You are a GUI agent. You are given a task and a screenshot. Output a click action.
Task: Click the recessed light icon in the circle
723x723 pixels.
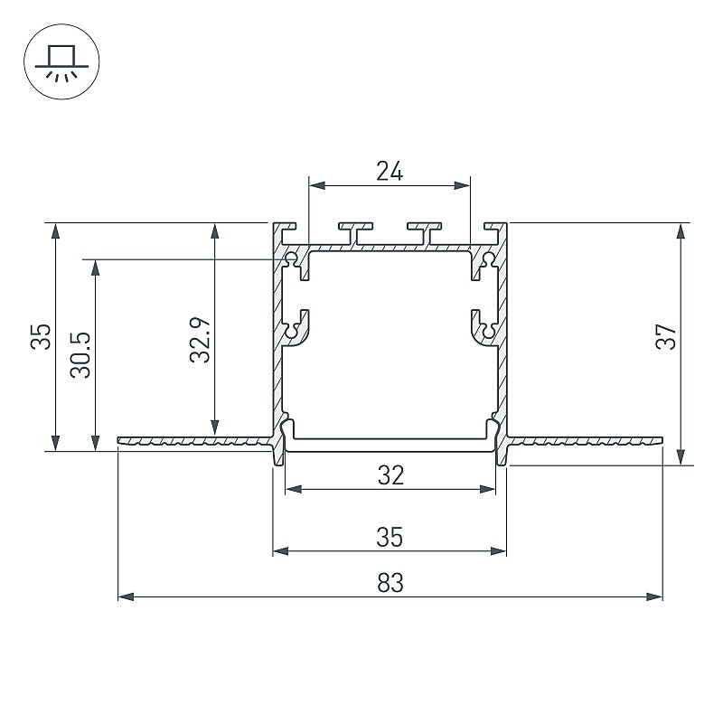(61, 61)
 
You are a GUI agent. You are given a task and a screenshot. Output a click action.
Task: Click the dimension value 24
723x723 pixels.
(390, 171)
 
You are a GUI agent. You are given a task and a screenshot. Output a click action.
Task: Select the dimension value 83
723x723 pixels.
(390, 582)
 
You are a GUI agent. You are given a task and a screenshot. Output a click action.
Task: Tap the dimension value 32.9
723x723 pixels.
(200, 340)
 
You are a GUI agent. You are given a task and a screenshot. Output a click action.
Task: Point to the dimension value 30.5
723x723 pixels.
(80, 355)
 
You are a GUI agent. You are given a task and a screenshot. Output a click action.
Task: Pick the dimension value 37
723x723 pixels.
(666, 336)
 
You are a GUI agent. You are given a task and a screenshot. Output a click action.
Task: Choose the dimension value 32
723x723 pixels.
(390, 475)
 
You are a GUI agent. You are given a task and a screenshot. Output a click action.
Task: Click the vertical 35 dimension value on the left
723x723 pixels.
(41, 336)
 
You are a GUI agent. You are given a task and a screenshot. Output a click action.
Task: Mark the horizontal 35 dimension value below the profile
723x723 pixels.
(390, 537)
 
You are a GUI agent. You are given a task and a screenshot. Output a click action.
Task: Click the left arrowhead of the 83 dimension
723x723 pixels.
(126, 596)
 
